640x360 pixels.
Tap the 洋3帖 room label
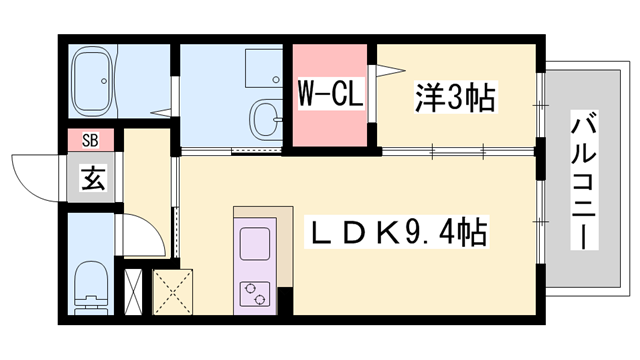click(455, 98)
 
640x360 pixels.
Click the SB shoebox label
click(91, 138)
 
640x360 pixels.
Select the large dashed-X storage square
click(171, 289)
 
